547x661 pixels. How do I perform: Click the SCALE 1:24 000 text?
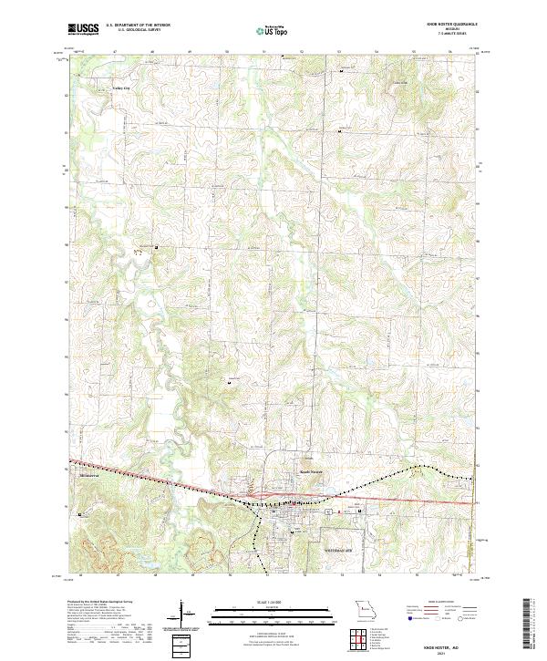point(273,599)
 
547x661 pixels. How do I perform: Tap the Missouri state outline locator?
point(365,609)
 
